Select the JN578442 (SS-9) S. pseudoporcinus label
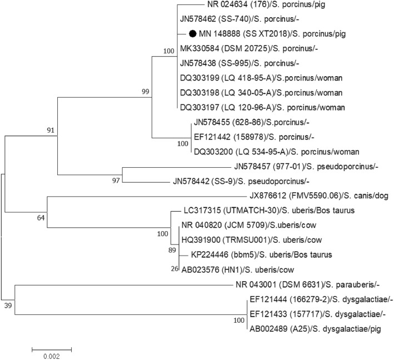248,181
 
